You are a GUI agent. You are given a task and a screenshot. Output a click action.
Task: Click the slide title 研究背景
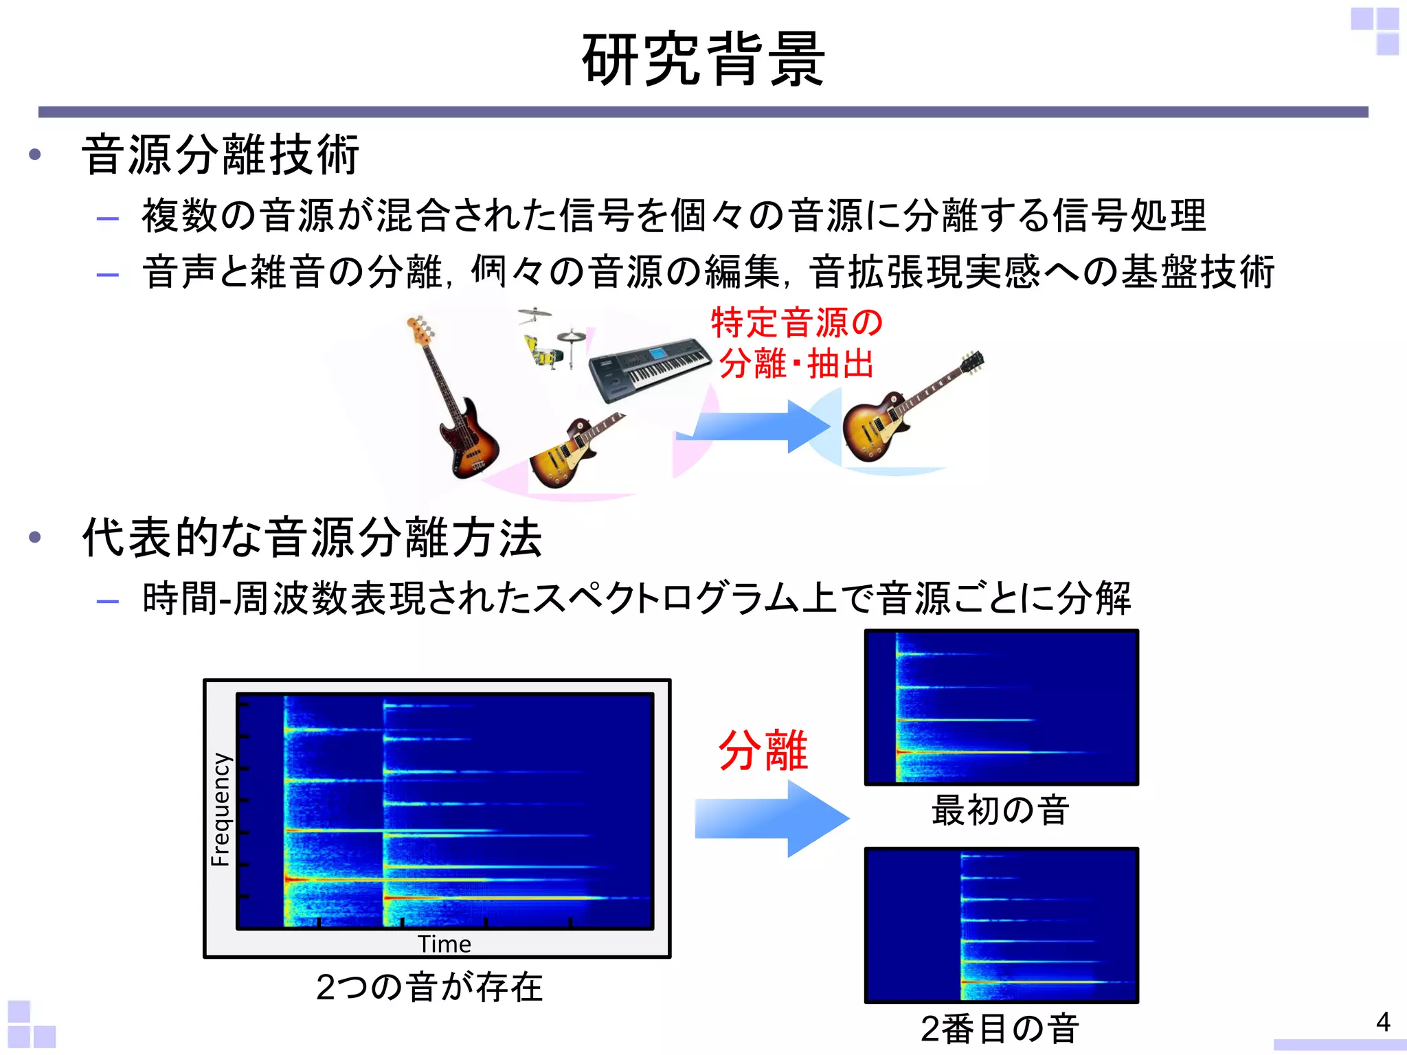point(703,60)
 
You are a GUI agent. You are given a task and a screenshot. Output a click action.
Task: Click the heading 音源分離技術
point(221,155)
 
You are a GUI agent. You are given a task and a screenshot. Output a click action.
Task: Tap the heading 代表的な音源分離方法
point(313,538)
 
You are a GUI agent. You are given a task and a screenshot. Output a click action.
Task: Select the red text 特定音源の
point(797,323)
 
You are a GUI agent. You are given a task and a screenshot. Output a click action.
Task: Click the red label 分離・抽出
point(797,364)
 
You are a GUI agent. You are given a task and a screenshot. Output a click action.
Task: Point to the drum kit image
point(550,340)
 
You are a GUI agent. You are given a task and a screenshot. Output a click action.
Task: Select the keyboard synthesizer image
point(649,371)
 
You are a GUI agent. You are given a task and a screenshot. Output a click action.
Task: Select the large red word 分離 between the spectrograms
point(763,751)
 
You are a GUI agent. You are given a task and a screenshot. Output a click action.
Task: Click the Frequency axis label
point(221,810)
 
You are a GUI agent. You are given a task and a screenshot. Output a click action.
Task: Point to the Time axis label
point(444,944)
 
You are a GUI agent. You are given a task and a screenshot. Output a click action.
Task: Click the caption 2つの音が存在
point(429,987)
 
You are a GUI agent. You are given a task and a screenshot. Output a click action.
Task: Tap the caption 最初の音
point(1000,810)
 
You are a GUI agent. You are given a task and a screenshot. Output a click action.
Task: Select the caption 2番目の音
point(1000,1029)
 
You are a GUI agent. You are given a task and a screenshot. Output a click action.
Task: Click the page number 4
point(1383,1022)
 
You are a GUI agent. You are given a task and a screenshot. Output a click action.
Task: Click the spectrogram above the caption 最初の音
point(1001,707)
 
